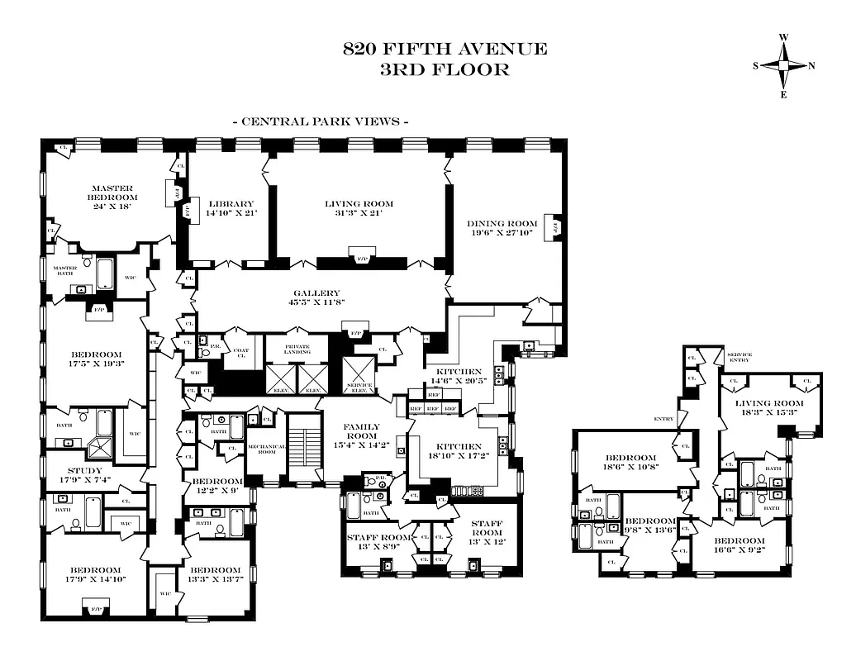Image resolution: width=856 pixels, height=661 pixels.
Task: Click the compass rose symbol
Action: [x=783, y=66]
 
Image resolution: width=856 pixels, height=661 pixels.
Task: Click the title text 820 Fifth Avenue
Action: [x=445, y=49]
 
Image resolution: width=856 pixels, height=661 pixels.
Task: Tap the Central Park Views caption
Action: [x=321, y=121]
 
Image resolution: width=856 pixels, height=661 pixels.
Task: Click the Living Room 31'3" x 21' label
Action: [x=358, y=208]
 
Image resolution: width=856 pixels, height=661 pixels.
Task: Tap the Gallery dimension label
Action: [x=316, y=297]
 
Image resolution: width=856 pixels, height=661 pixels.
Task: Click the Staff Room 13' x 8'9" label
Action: [x=379, y=541]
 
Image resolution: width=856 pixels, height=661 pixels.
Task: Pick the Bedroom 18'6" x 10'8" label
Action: [x=630, y=463]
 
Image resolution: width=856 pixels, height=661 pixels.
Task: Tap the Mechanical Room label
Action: [x=266, y=448]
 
